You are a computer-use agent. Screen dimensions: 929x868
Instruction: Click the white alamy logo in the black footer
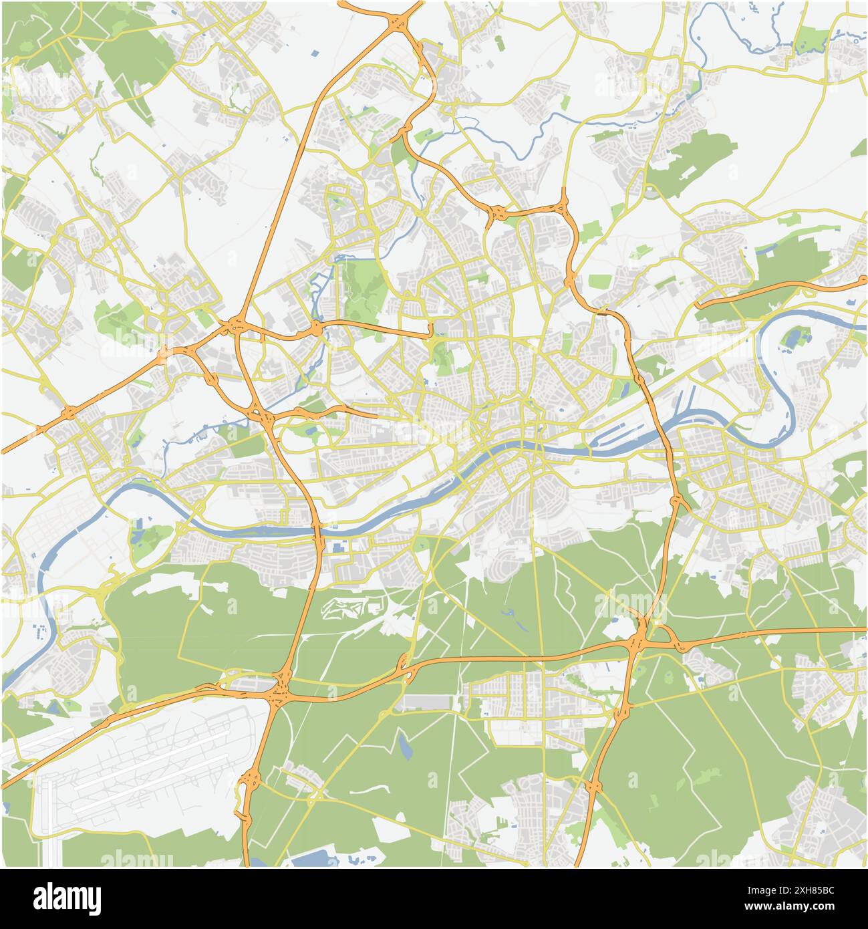(67, 898)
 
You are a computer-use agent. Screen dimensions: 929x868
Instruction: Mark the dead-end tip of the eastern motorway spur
(697, 306)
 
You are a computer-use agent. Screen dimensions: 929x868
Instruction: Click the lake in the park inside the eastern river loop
(792, 338)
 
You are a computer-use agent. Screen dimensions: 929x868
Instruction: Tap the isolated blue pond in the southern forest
(404, 747)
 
